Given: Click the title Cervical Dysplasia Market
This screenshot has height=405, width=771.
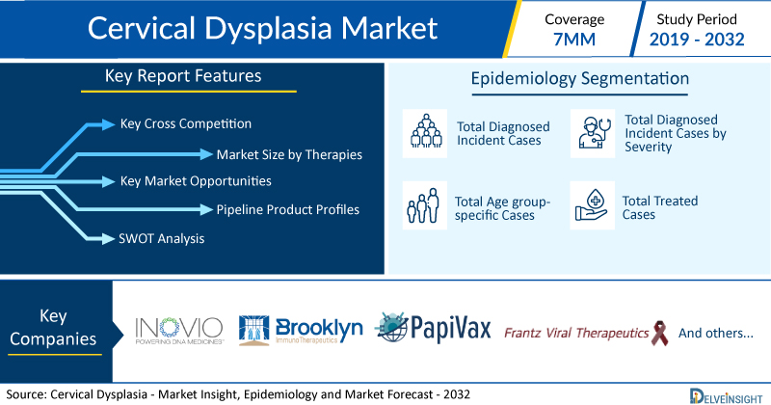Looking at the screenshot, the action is [x=262, y=28].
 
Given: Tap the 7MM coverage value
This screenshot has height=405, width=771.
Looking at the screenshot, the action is [x=573, y=40].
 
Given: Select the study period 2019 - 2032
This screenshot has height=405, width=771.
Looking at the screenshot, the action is [x=697, y=40].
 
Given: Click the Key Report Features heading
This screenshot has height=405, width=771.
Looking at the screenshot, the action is [x=183, y=76].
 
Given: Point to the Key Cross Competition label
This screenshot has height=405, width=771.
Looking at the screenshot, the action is [x=186, y=123].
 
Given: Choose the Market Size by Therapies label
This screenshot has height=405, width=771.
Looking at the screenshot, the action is [x=289, y=154].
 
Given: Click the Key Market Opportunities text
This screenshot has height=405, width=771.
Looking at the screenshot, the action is [x=196, y=181].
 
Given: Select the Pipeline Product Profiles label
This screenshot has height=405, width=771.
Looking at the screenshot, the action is [x=287, y=209].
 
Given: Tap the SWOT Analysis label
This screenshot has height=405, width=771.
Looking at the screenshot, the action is [x=161, y=239].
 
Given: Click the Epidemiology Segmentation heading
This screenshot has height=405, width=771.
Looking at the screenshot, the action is [x=580, y=79].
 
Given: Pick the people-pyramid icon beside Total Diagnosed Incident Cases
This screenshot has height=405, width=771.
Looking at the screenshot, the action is [x=425, y=133].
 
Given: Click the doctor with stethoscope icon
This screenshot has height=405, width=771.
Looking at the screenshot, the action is [x=593, y=133].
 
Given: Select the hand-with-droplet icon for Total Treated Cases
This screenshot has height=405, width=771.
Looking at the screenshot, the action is [x=593, y=205].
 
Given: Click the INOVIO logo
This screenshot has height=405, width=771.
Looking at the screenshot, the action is [x=179, y=330].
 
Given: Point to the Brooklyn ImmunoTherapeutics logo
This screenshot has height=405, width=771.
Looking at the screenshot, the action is [x=301, y=330].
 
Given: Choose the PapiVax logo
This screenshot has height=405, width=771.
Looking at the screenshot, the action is [x=433, y=327].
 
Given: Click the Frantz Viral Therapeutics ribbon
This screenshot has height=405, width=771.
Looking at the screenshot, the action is [x=659, y=333].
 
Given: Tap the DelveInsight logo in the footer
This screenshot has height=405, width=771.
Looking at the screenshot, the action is [x=726, y=396].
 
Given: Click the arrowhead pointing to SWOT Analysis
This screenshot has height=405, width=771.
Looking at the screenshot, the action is [x=108, y=239].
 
